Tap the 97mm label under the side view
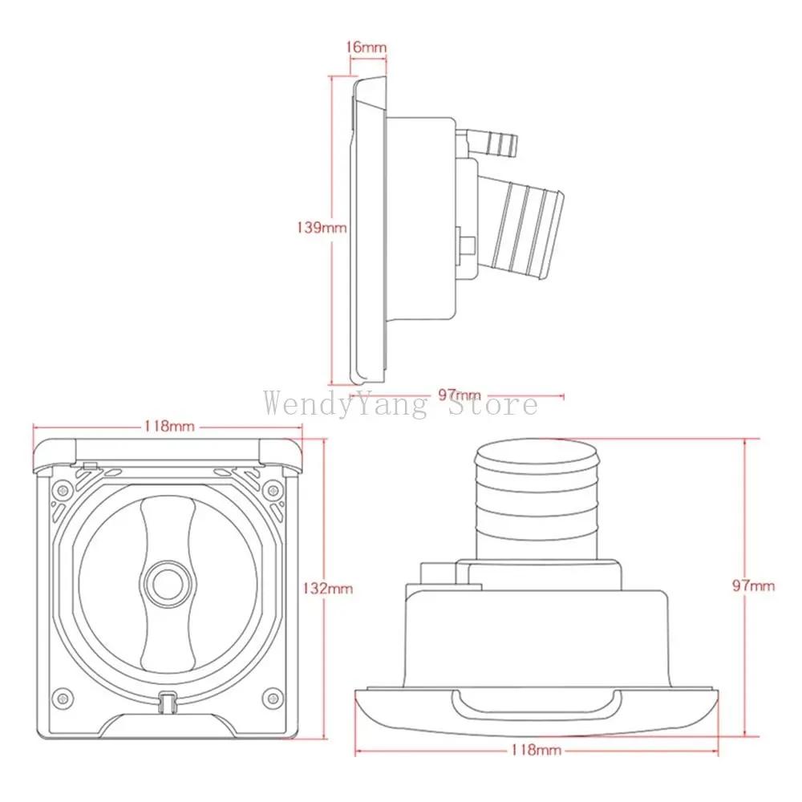pos(460,395)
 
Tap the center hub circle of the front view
pos(168,582)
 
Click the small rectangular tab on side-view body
pos(464,241)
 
